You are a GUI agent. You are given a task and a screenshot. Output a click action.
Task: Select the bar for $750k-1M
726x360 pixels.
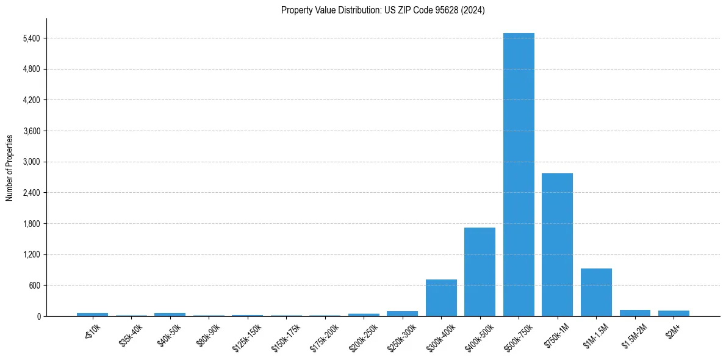tap(557, 245)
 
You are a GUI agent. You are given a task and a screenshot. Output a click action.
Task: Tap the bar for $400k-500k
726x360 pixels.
tap(480, 272)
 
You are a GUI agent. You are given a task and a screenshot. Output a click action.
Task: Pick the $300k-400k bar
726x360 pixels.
tap(441, 298)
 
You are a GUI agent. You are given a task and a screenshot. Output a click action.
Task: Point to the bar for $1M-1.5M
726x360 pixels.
tap(596, 292)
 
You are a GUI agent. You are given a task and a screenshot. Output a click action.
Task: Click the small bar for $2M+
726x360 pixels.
tap(674, 313)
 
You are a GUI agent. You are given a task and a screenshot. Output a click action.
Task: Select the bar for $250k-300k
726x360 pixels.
tap(402, 314)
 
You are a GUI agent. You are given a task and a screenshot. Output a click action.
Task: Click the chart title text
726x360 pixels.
tap(383, 10)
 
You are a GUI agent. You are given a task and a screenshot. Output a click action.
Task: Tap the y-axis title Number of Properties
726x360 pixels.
tap(10, 167)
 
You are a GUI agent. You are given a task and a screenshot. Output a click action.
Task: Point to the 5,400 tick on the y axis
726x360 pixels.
tap(31, 38)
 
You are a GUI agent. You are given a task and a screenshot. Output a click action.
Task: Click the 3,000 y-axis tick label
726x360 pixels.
tap(31, 162)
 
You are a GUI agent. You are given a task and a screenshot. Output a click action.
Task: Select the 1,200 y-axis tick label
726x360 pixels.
tap(31, 255)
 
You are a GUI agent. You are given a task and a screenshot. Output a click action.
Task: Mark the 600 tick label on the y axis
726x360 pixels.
tap(34, 286)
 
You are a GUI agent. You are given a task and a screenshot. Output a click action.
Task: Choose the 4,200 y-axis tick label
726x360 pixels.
tap(31, 100)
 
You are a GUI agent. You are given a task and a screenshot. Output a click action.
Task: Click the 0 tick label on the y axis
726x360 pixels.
tap(38, 317)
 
